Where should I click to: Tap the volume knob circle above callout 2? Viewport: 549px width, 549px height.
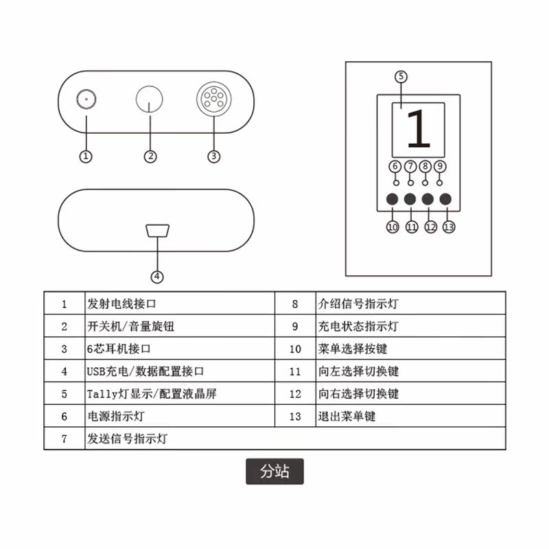[x=150, y=100]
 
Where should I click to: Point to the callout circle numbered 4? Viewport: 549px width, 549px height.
[x=158, y=277]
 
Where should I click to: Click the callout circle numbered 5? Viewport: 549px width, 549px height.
[x=401, y=76]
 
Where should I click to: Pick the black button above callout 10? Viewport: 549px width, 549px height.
[x=393, y=200]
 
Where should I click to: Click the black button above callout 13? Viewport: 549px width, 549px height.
[x=446, y=200]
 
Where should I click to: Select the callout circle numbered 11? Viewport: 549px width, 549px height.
[x=411, y=226]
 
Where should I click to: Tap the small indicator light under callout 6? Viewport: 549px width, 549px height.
[x=395, y=183]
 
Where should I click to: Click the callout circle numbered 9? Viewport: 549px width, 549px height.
[x=441, y=166]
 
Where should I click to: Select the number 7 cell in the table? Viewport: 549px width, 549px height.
[x=65, y=439]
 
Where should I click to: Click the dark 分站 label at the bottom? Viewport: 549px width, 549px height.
[x=274, y=471]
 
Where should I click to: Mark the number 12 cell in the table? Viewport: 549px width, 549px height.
[x=295, y=394]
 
